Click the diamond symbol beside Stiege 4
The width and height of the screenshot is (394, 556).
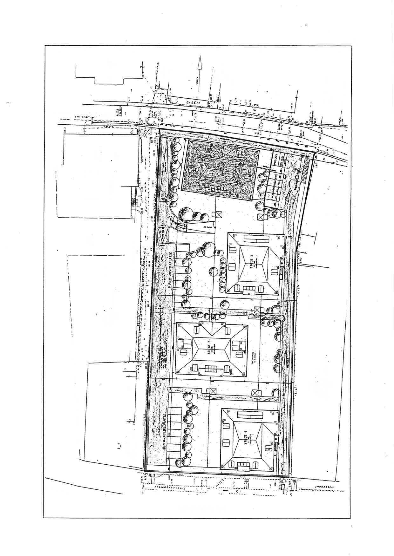[275, 438]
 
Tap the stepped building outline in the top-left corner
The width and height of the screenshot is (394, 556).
[108, 75]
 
